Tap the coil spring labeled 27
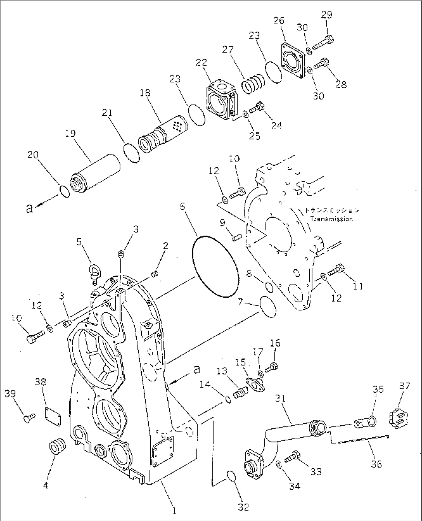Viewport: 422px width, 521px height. tap(254, 83)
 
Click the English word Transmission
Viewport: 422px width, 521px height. tap(331, 219)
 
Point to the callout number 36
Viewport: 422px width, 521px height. tap(376, 464)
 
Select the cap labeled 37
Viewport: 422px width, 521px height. tap(398, 420)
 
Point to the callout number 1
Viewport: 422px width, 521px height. tap(175, 511)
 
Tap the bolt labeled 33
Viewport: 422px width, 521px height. tap(293, 456)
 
